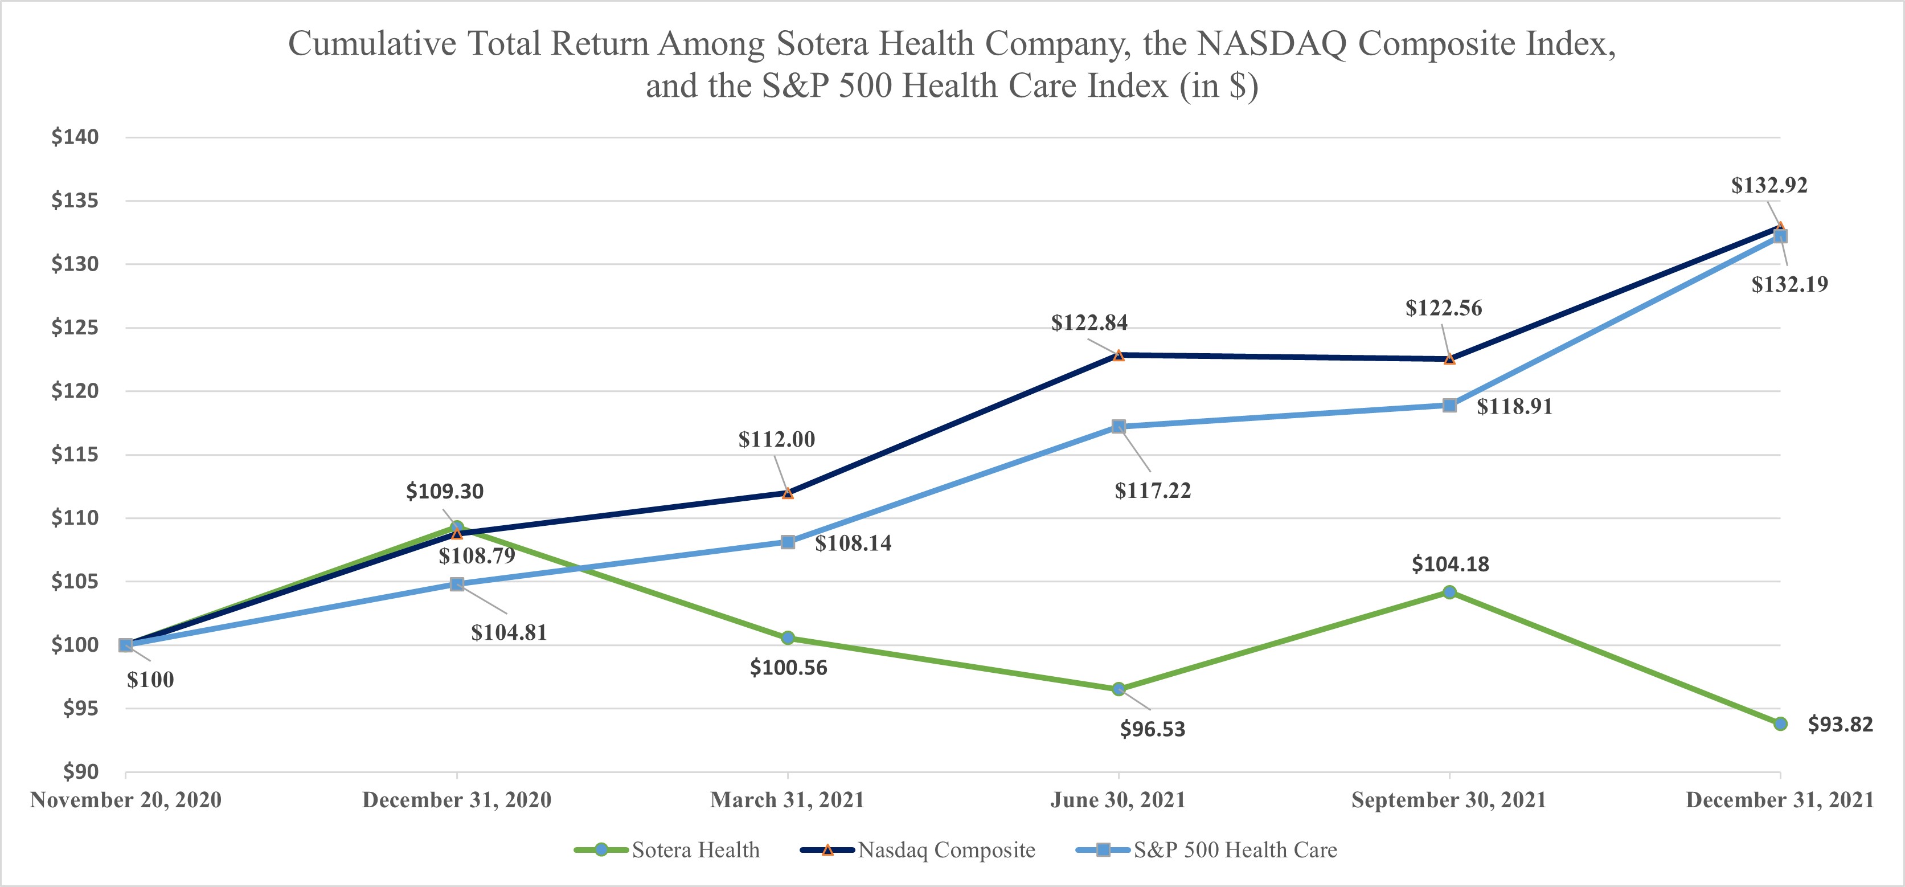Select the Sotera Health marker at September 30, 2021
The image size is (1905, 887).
[1449, 592]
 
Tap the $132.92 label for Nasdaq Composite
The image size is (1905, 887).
[1769, 186]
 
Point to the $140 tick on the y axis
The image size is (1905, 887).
[75, 137]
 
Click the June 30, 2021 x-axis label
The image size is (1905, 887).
[1117, 800]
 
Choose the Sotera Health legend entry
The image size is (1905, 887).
[668, 850]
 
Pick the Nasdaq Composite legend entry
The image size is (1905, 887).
[919, 850]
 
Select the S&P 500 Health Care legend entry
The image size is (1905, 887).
[1207, 850]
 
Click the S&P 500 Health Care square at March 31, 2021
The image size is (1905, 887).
[788, 542]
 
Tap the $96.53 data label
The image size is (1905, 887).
[1152, 729]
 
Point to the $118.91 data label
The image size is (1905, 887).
[1514, 407]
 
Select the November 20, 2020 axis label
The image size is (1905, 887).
[126, 800]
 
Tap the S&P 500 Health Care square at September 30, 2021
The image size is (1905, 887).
[1449, 406]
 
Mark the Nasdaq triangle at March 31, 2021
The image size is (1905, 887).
[788, 493]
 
